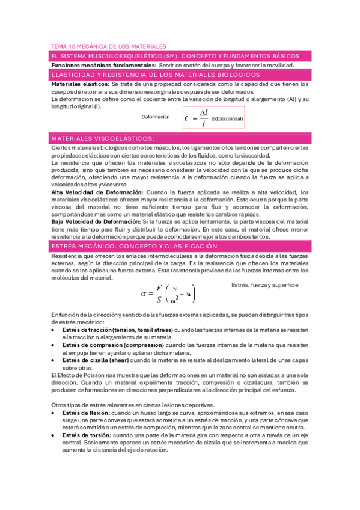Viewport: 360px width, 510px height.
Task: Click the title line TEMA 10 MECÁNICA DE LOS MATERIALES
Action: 108,46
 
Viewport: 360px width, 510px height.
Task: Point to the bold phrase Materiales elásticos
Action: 81,84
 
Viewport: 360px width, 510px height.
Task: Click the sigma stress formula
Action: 168,293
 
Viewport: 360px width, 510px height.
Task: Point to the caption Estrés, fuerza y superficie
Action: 264,285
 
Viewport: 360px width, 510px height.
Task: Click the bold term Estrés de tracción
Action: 87,330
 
